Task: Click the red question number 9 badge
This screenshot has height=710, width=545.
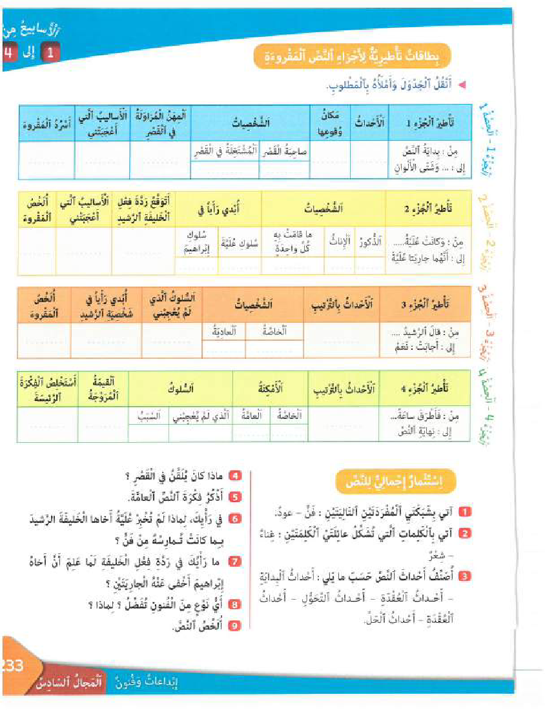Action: click(236, 624)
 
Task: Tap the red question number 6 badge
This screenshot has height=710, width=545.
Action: click(236, 518)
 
